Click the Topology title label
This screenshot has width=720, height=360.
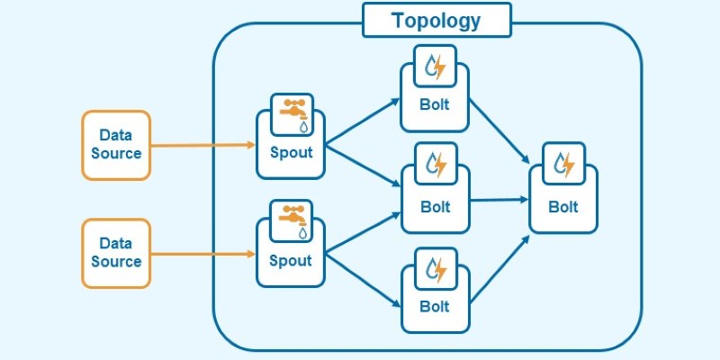point(436,20)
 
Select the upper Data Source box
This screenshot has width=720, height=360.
point(116,145)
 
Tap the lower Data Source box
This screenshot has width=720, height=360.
point(116,254)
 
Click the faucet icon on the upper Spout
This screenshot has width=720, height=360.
point(292,114)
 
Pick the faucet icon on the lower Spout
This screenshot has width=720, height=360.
point(291,220)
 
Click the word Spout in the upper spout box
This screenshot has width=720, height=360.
point(291,153)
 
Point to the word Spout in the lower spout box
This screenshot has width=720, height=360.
point(290,261)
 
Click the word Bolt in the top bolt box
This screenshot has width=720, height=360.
point(435,104)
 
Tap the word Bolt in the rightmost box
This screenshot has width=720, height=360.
point(563,207)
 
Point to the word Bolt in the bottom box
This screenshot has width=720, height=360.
point(435,306)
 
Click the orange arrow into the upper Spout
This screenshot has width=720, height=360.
point(203,145)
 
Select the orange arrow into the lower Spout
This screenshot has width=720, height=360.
point(203,254)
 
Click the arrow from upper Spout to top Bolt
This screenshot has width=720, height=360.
point(363,121)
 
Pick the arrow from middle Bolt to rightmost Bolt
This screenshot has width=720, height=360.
point(499,200)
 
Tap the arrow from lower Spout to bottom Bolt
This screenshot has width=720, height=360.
point(363,280)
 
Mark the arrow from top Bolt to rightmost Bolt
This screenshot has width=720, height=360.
point(499,130)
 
